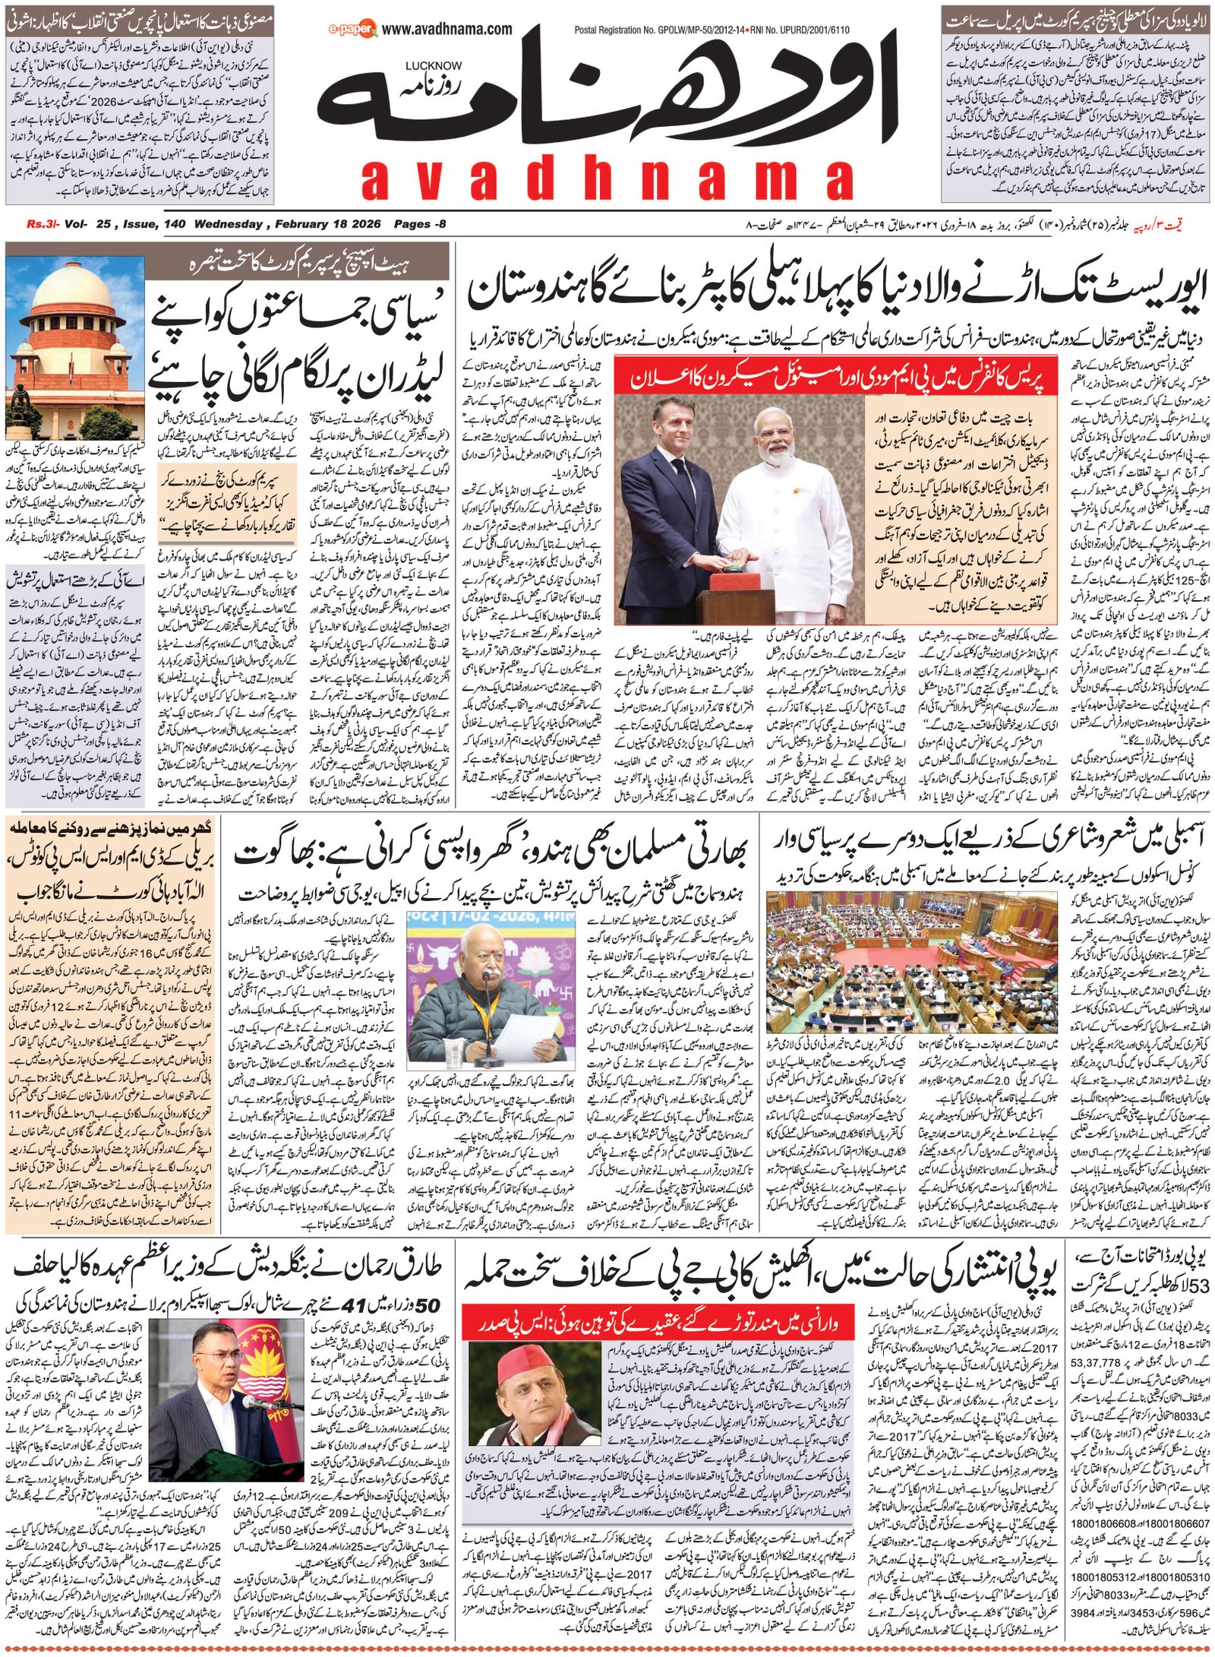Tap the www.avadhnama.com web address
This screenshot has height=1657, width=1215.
447,29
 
